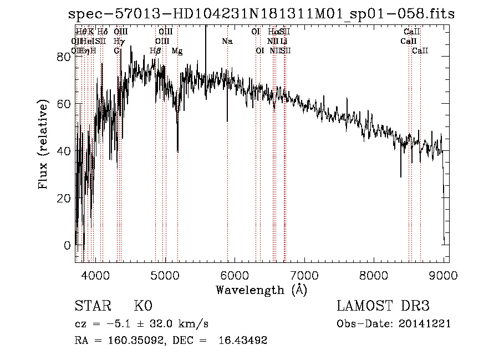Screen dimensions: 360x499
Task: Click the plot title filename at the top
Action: [262, 15]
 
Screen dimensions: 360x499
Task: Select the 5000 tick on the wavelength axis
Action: [165, 261]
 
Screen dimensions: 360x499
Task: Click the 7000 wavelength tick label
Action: [304, 275]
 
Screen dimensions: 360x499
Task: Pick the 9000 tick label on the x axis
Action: [444, 275]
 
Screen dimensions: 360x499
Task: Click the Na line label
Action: [227, 41]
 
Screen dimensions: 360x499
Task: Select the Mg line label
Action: [177, 51]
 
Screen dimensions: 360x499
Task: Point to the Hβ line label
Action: [155, 51]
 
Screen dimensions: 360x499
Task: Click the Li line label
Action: [283, 41]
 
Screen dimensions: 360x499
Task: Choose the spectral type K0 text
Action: [142, 307]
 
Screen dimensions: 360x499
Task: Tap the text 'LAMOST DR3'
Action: [383, 306]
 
